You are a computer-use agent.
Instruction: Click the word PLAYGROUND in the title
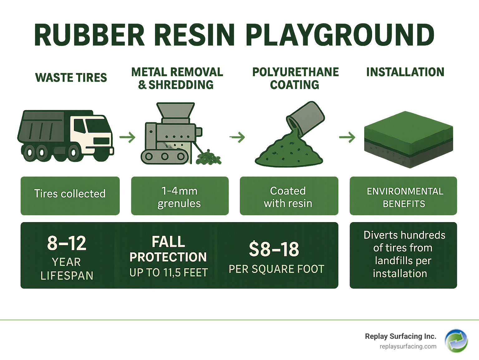[x=340, y=35]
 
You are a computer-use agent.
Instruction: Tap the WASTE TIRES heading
[x=71, y=78]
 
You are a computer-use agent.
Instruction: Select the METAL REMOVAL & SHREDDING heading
[x=177, y=78]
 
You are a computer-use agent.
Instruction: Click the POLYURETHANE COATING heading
[x=295, y=78]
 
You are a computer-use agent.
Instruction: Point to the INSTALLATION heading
[x=405, y=72]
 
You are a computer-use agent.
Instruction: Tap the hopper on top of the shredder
[x=176, y=110]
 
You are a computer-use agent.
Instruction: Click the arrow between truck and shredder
[x=127, y=137]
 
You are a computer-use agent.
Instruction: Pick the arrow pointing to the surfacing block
[x=347, y=137]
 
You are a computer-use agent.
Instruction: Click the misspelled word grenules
[x=179, y=204]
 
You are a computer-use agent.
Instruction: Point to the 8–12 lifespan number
[x=67, y=243]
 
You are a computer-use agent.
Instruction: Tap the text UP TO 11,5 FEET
[x=168, y=273]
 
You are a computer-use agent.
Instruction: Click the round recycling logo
[x=456, y=341]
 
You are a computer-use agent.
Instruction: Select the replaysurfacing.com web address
[x=408, y=347]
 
